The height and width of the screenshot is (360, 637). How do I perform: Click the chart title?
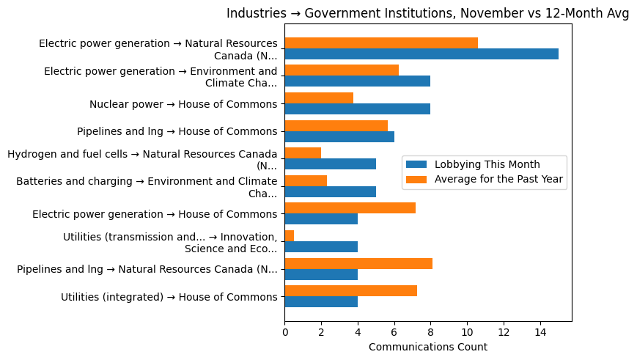point(427,13)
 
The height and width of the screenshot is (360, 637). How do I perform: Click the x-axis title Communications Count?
point(427,347)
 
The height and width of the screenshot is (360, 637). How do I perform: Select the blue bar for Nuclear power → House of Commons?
point(357,109)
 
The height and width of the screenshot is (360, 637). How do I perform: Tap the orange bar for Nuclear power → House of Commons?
point(319,98)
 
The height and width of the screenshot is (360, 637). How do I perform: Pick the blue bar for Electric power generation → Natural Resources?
point(421,54)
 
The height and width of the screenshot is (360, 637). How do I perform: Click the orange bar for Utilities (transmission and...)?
point(290,235)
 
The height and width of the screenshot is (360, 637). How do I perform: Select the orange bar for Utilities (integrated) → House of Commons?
point(350,291)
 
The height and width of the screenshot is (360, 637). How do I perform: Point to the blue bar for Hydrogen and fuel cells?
point(330,164)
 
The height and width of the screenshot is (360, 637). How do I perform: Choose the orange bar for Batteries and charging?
point(306,180)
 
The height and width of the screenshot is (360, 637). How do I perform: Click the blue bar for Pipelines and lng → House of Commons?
point(339,136)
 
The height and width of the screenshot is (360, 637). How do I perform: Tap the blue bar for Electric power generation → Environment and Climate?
point(357,81)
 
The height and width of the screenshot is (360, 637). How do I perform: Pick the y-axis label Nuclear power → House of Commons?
point(183,104)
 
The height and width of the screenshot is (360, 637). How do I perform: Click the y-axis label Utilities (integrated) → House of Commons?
point(169,297)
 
